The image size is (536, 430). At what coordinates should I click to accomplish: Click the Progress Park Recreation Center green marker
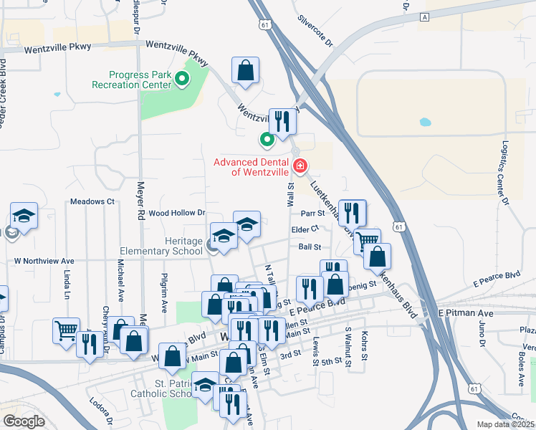(x=182, y=80)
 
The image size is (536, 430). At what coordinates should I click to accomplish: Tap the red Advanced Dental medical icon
(x=300, y=167)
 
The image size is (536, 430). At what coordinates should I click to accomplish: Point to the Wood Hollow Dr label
(x=177, y=213)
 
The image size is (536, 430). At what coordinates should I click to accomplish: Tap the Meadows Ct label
(x=92, y=201)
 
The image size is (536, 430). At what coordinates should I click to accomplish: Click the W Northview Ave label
(x=44, y=262)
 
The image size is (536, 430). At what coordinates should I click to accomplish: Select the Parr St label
(x=313, y=213)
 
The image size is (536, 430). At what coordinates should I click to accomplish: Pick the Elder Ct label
(x=305, y=229)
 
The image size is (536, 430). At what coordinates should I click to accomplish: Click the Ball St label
(x=309, y=247)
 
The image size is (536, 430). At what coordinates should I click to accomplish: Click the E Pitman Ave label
(x=466, y=314)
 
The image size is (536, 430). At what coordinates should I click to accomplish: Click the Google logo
(x=24, y=421)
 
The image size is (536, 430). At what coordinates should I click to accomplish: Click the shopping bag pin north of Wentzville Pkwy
(x=245, y=70)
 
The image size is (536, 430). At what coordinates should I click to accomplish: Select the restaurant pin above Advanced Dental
(x=282, y=122)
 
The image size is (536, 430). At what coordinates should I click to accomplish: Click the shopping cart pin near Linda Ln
(x=66, y=331)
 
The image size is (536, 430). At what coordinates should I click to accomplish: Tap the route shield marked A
(x=425, y=16)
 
